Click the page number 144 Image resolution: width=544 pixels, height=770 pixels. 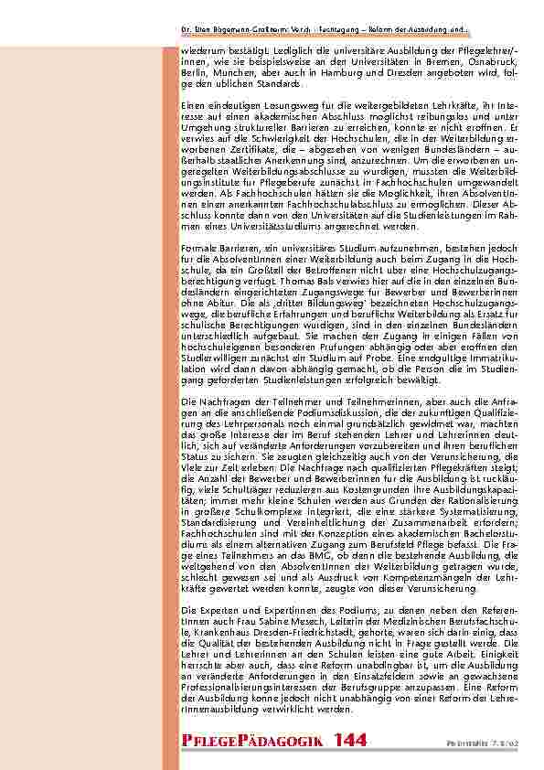353,739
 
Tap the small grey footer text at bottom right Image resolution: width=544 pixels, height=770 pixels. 497,742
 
